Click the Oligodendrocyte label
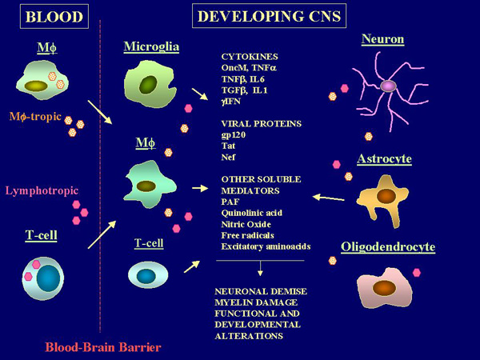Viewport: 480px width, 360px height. tap(388, 247)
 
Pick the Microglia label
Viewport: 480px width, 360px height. tap(151, 47)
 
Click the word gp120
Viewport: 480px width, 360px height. tap(234, 136)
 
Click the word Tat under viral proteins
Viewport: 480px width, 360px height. tap(228, 147)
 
